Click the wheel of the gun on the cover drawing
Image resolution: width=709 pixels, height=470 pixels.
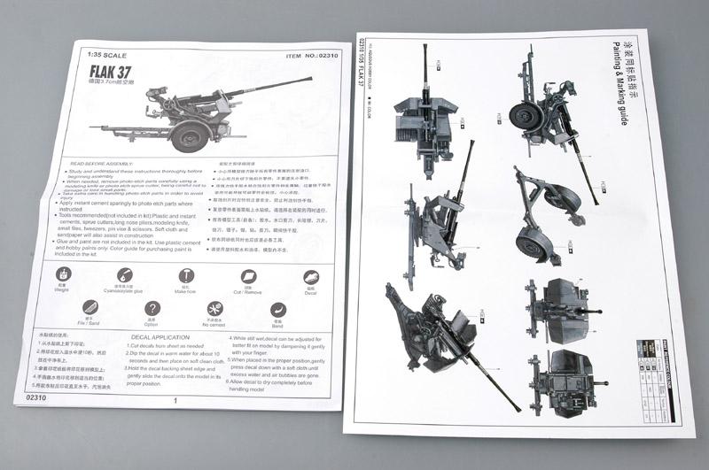[x=189, y=135]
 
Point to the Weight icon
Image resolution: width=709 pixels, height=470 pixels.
[x=64, y=275]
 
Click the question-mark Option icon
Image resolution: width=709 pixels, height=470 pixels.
[x=152, y=314]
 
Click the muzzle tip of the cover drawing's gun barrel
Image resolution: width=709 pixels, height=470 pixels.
[x=310, y=79]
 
